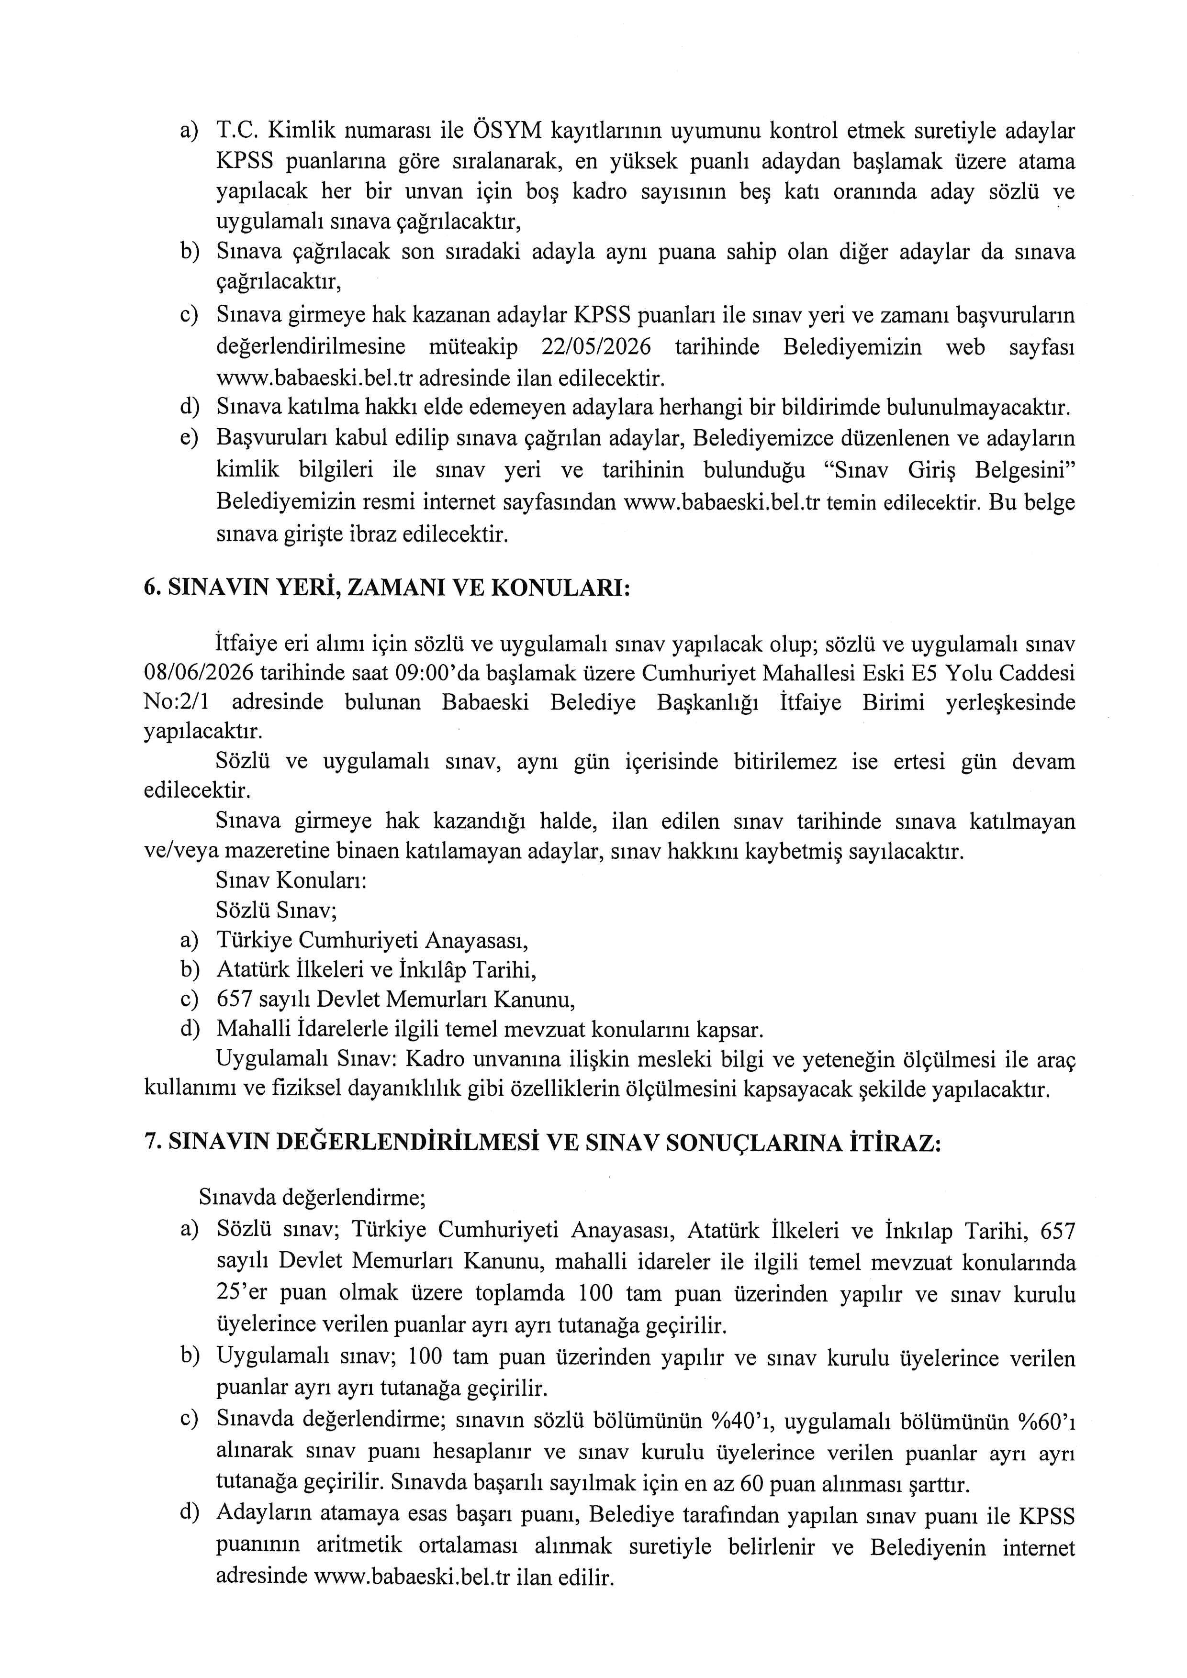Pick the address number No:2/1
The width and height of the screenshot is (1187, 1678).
(x=176, y=702)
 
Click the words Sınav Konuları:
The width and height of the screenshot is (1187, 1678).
(x=291, y=881)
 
